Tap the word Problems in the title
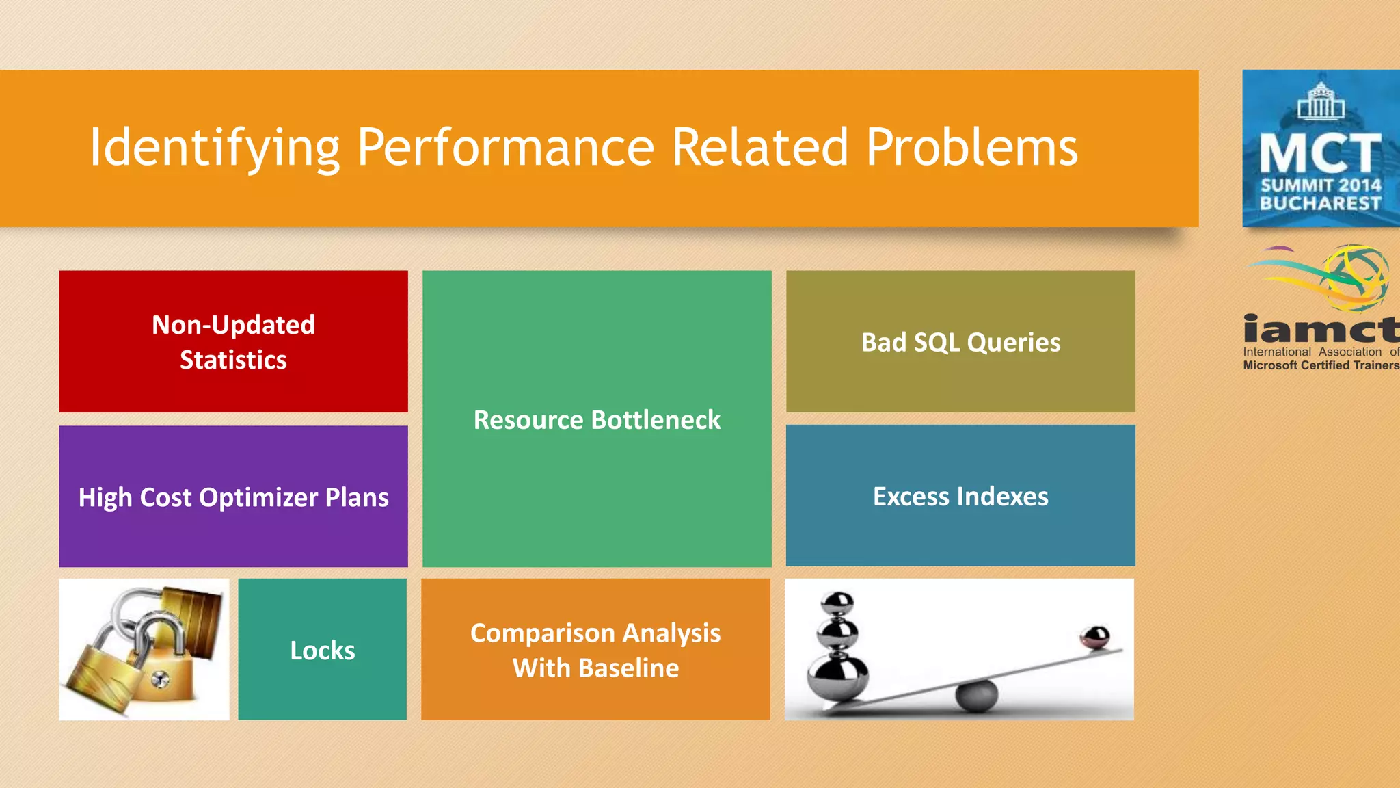coord(971,148)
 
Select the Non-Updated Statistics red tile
coord(233,341)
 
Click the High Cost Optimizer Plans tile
coord(233,497)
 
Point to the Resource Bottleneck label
coord(597,420)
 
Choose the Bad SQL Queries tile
coord(960,342)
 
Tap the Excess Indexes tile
coord(960,497)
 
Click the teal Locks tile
coord(322,650)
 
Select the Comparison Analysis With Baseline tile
coord(595,650)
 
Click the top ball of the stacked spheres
coord(837,603)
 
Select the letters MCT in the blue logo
coord(1321,153)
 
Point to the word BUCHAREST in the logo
coord(1321,204)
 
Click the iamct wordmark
coord(1321,330)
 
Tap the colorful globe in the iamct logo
coord(1357,277)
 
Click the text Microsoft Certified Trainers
coord(1321,365)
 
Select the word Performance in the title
coord(506,148)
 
